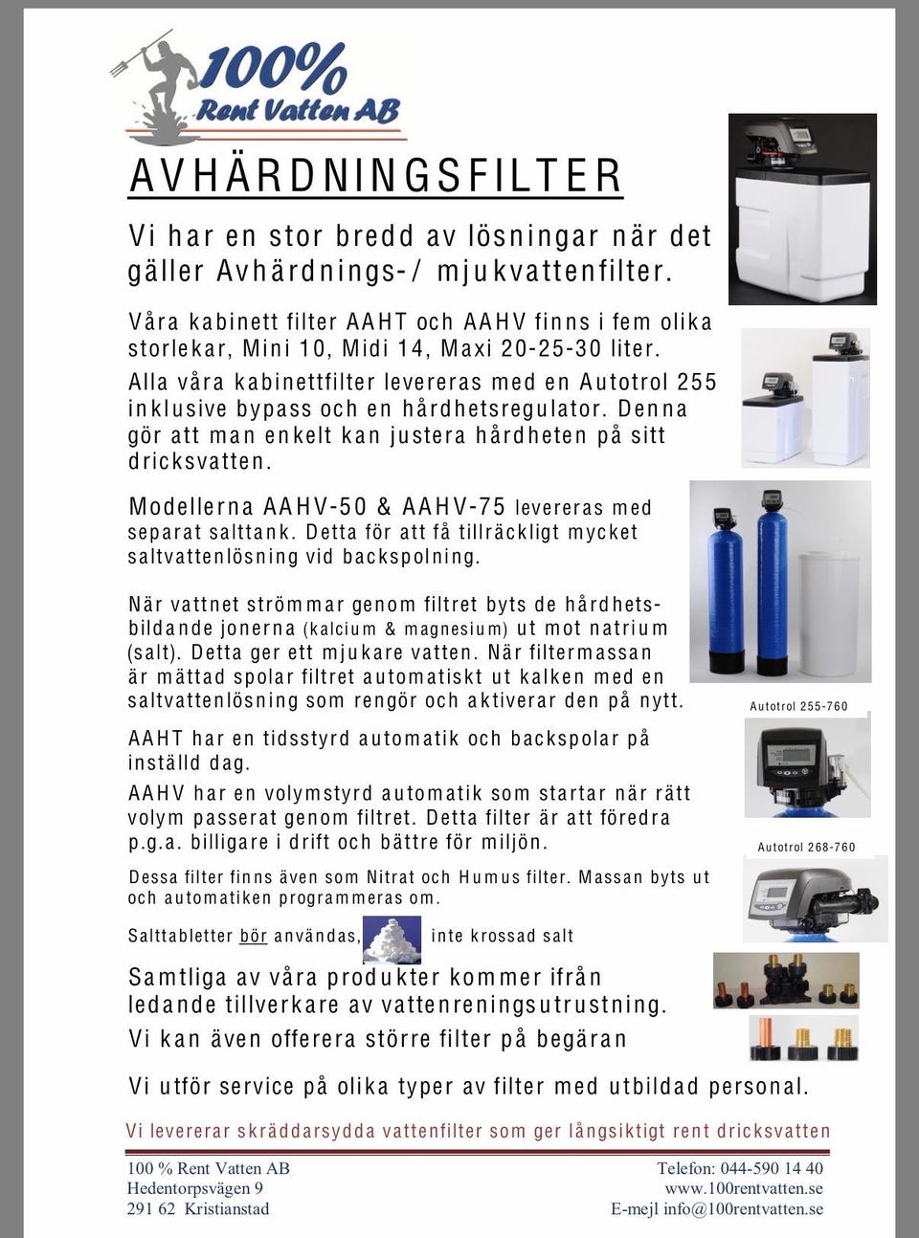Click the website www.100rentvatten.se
point(744,1188)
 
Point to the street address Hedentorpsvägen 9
point(195,1188)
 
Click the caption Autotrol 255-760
point(798,707)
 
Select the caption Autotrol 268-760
point(806,847)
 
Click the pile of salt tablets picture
point(396,937)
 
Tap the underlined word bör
point(253,936)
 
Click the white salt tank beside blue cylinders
point(832,611)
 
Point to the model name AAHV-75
point(455,506)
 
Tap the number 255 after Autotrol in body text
point(696,382)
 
